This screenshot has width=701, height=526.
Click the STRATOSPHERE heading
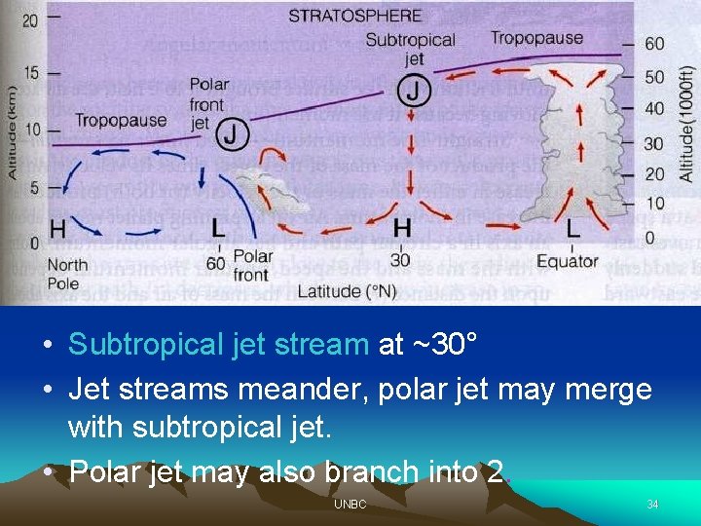click(354, 16)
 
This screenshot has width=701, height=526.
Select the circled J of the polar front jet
click(232, 133)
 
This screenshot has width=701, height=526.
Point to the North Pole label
click(67, 273)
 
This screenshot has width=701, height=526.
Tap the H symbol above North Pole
click(57, 229)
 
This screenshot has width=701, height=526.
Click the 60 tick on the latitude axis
click(216, 261)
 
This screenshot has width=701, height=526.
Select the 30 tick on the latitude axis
click(399, 260)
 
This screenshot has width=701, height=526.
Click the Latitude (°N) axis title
click(347, 290)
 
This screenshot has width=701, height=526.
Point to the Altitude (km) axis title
click(11, 117)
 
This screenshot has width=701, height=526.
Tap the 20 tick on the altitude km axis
click(30, 19)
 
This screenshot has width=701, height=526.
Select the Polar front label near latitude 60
click(253, 265)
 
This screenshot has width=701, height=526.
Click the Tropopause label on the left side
click(122, 121)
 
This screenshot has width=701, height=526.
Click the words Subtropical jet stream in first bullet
click(218, 344)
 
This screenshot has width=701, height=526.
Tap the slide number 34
click(652, 505)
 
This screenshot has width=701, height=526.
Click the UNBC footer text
click(350, 505)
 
